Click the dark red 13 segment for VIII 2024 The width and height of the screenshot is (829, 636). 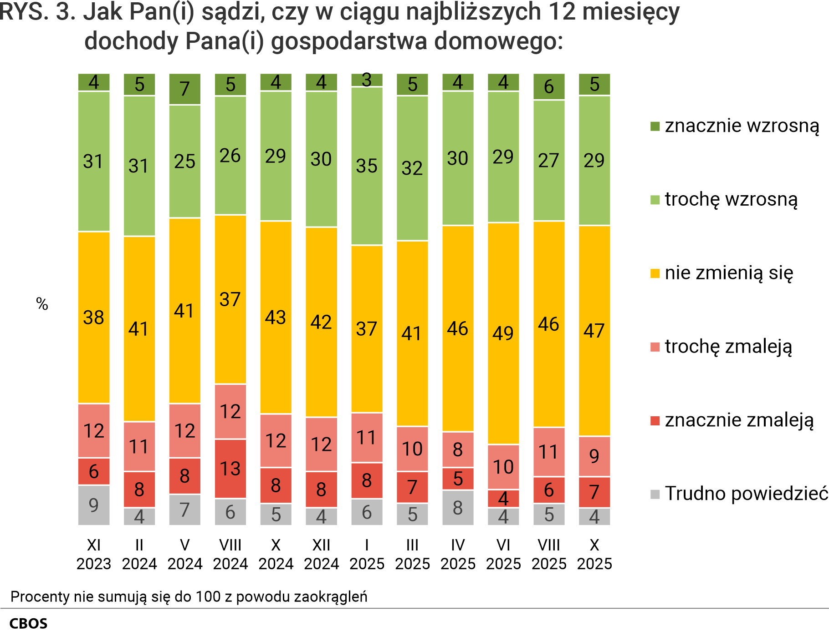[x=230, y=469]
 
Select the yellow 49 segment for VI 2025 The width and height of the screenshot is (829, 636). [x=503, y=333]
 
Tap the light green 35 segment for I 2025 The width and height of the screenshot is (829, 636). [x=367, y=166]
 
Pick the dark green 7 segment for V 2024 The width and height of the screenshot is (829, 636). [x=185, y=89]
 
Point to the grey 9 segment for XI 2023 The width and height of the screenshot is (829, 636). [x=94, y=505]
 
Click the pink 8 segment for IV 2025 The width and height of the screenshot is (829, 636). [x=458, y=449]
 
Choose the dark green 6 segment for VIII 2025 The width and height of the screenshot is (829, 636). [x=549, y=86]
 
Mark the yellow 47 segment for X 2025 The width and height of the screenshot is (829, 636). [x=594, y=331]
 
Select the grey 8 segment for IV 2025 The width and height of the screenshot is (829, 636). [x=458, y=507]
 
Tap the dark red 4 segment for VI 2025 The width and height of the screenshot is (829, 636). [x=503, y=499]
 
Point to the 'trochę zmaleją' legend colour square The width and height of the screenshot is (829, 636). [x=655, y=347]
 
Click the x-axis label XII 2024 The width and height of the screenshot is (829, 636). [x=322, y=554]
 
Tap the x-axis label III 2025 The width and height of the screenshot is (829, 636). [x=413, y=554]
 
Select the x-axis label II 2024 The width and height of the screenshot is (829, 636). [x=139, y=554]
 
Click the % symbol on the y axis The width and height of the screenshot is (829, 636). [x=42, y=304]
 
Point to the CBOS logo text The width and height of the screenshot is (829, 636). [x=28, y=623]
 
